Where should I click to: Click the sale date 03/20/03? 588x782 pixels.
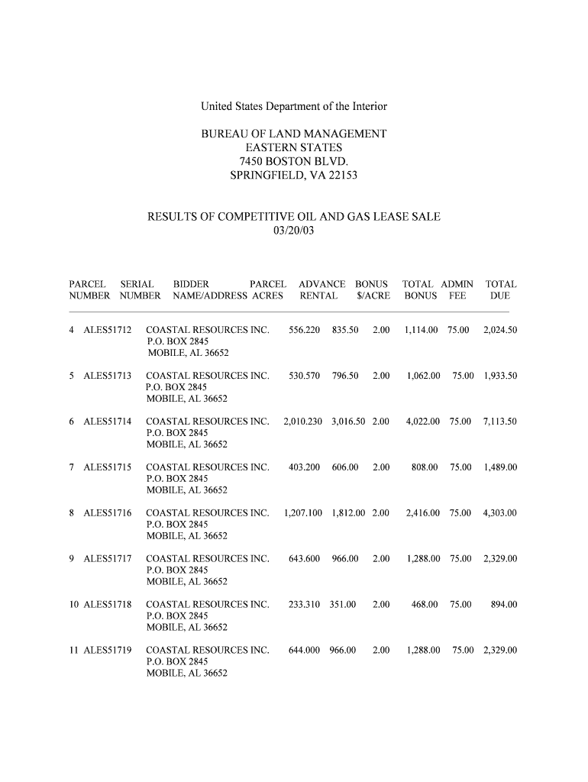[x=293, y=230]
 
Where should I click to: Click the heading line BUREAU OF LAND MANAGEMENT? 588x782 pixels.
[x=293, y=134]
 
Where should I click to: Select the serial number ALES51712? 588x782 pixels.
[x=108, y=330]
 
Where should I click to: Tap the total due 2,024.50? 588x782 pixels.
[x=500, y=330]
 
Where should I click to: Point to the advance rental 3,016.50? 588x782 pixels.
[x=348, y=422]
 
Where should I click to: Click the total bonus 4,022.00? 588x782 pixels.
[x=422, y=422]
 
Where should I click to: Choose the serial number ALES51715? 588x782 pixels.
[x=108, y=467]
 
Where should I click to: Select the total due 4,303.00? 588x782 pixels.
[x=500, y=513]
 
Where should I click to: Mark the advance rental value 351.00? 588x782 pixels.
[x=343, y=605]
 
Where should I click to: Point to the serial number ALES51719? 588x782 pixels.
[x=108, y=651]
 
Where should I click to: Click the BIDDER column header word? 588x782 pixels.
[x=191, y=284]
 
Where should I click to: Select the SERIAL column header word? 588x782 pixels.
[x=137, y=284]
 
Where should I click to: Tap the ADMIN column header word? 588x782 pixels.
[x=457, y=284]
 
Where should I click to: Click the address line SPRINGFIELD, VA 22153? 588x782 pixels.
[x=293, y=176]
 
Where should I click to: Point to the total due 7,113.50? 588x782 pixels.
[x=500, y=422]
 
